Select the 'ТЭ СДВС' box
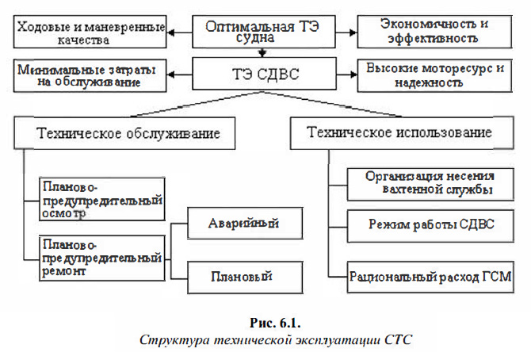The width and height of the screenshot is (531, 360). point(262,77)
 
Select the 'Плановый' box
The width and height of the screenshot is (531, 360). point(235,276)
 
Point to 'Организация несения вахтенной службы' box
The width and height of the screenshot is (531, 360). point(429,182)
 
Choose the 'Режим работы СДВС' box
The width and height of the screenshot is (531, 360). point(429,225)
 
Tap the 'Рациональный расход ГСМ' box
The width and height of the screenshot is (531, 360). point(429,277)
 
